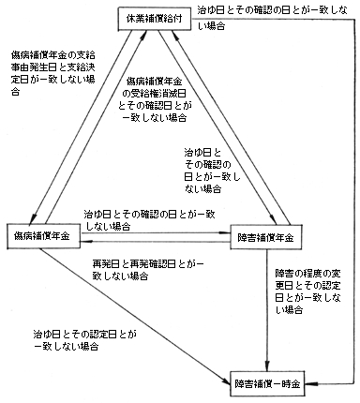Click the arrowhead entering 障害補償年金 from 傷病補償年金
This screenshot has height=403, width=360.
[x=225, y=231]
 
